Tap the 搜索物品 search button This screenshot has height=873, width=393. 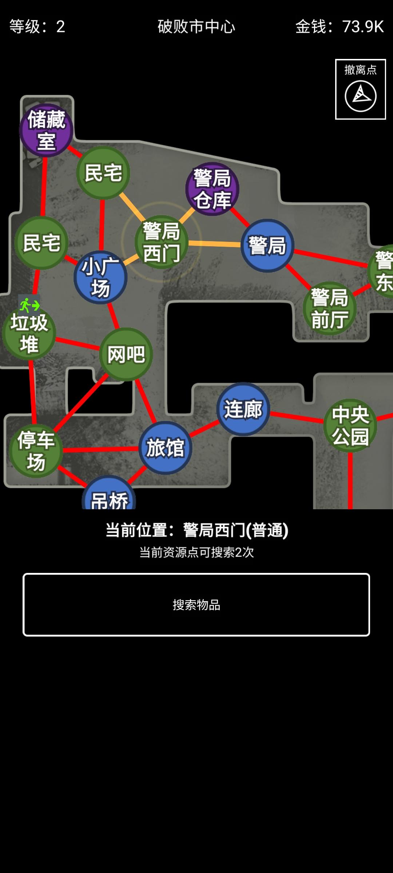coord(196,605)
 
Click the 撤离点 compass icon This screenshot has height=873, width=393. coord(360,96)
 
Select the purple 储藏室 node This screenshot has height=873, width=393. coord(46,130)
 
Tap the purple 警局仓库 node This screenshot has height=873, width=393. coord(212,189)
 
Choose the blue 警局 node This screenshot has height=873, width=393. coord(267,246)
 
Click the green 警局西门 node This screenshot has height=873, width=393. coord(162,242)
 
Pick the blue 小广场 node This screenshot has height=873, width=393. coord(100,277)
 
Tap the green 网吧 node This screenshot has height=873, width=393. coord(126,354)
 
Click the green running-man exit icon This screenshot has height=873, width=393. coord(29,305)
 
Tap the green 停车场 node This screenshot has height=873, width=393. coord(36,451)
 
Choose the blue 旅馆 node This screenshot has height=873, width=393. coord(165,448)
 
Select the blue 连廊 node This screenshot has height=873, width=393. coord(243,409)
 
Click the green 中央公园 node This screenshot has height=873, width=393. coord(350,426)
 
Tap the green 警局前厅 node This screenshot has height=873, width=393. coord(330,308)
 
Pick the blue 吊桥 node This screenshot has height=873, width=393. coord(109,497)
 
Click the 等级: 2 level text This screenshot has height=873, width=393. coord(37,27)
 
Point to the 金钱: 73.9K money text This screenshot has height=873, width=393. coord(339,27)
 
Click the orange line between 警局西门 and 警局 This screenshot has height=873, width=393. coord(215,243)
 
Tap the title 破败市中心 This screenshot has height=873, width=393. coord(196,27)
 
